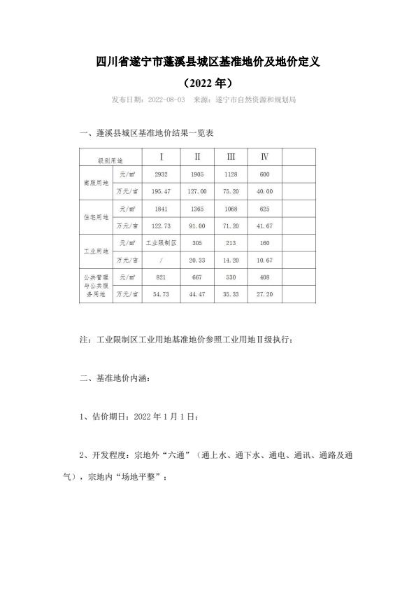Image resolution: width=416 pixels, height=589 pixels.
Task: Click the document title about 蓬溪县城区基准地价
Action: (208, 62)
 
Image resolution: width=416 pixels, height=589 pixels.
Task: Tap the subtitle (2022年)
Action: (208, 82)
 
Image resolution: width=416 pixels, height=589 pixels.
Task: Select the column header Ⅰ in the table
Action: (162, 156)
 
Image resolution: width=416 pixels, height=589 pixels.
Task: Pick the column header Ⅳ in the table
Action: (265, 156)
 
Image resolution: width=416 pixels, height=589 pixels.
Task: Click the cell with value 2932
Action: (162, 174)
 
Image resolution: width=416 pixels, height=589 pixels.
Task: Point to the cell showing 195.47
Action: (162, 191)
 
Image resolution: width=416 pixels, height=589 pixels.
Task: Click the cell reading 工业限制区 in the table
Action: (162, 243)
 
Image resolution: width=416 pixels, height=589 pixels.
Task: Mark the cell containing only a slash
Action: (162, 260)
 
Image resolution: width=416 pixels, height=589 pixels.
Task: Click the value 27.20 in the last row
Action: (265, 294)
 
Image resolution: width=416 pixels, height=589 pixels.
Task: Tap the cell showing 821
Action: (162, 277)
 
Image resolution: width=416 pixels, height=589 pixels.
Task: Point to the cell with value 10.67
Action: (265, 260)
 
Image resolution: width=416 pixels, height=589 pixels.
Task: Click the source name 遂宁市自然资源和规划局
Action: (256, 100)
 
